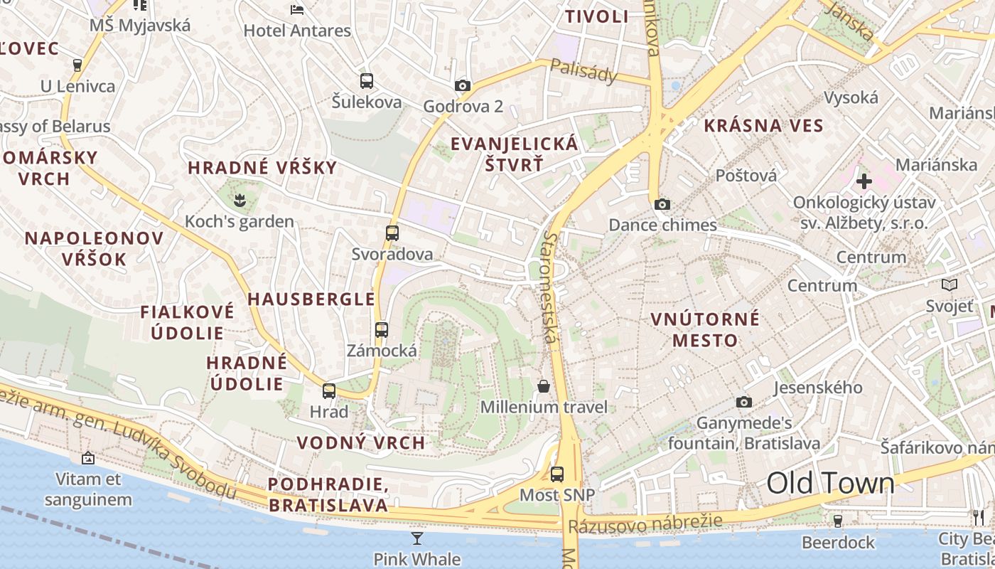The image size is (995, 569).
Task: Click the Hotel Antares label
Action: point(297,31)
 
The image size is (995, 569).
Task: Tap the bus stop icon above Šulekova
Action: point(367,81)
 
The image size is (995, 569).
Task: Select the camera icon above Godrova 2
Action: point(463,86)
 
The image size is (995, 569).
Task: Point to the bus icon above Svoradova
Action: point(392,233)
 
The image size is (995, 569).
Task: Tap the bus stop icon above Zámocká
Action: point(382,329)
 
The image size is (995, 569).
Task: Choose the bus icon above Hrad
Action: point(329,390)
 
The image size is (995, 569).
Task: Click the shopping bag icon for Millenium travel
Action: point(544,386)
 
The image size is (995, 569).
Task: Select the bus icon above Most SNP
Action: point(557,474)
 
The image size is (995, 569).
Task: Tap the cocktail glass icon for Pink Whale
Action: point(417,538)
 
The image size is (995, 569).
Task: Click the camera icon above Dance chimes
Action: point(662,205)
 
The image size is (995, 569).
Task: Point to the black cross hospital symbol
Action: point(864,181)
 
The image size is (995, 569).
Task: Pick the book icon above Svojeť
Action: point(949,285)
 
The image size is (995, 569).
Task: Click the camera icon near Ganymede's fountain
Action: point(744,403)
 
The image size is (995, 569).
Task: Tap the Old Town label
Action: point(830,484)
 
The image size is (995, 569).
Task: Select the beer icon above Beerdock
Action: point(838,521)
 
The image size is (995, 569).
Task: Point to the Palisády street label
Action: point(583,70)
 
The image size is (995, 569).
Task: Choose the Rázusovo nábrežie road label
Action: point(645,523)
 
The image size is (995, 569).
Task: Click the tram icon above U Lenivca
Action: point(77,65)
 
